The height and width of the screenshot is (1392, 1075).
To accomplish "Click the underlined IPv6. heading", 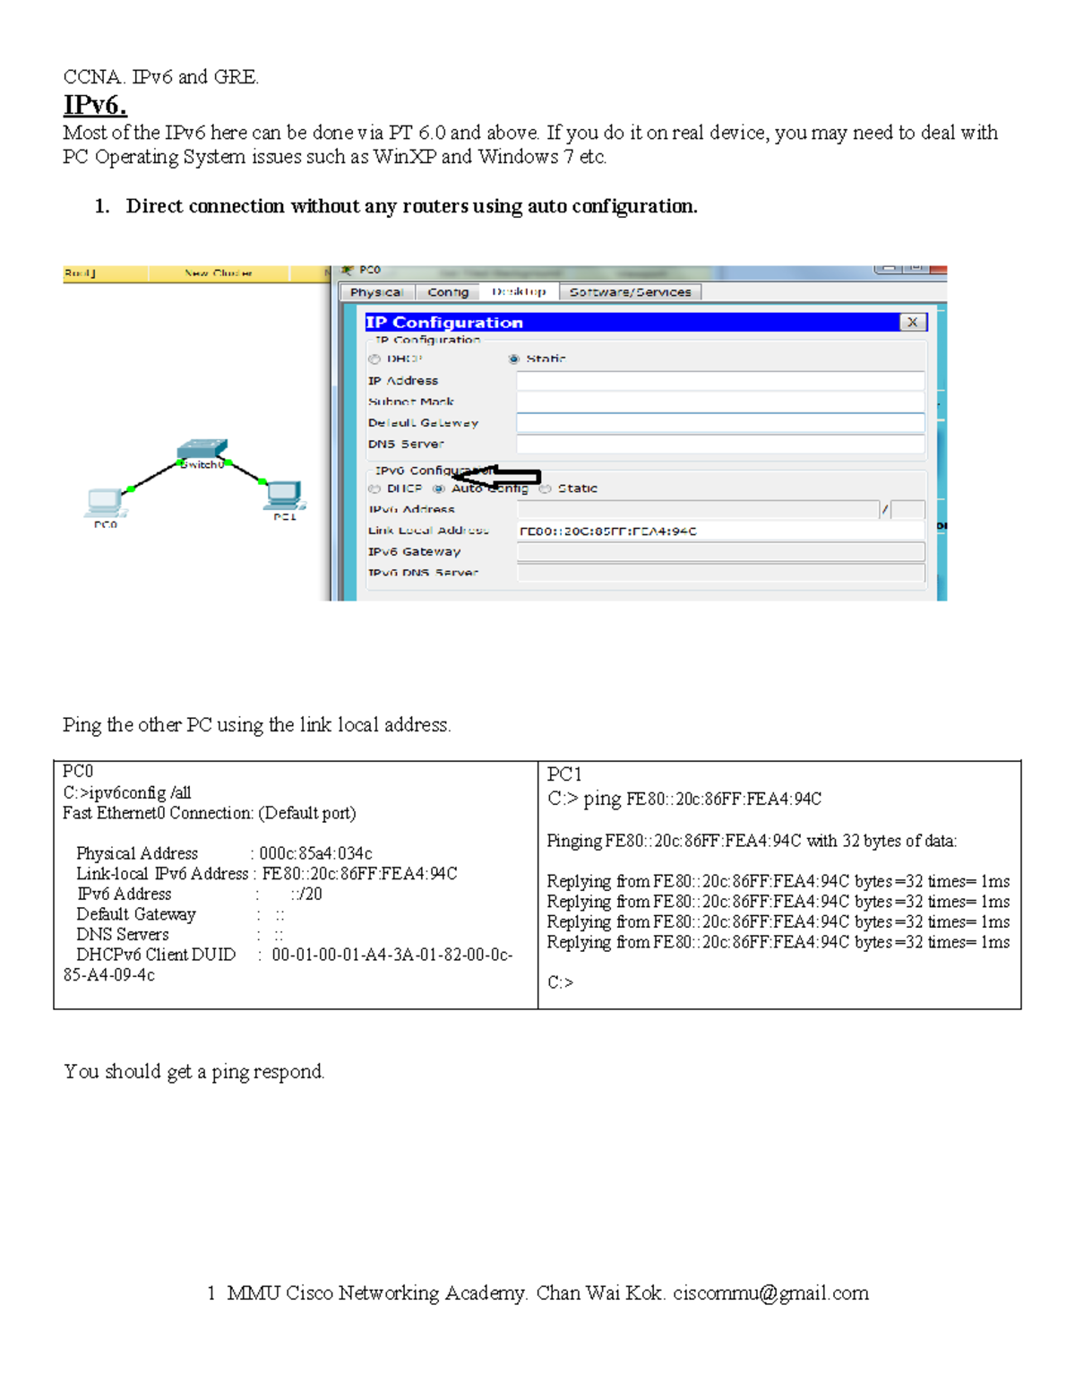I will pyautogui.click(x=95, y=106).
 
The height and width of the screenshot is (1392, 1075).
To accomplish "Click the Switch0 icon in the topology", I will pyautogui.click(x=202, y=451).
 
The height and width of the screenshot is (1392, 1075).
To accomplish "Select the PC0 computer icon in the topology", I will pyautogui.click(x=106, y=503).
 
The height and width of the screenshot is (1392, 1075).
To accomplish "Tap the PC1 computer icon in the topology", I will pyautogui.click(x=285, y=496).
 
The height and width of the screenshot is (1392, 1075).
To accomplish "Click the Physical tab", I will pyautogui.click(x=376, y=292).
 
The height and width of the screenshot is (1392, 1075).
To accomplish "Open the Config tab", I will pyautogui.click(x=448, y=292).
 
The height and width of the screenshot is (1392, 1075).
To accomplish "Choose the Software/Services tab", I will pyautogui.click(x=630, y=292).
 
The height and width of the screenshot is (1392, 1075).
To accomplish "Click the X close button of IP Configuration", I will pyautogui.click(x=912, y=322).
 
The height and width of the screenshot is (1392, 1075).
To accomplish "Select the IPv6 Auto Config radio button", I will pyautogui.click(x=439, y=488).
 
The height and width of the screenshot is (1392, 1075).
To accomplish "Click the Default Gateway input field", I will pyautogui.click(x=720, y=422).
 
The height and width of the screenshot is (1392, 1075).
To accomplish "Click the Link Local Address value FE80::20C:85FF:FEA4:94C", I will pyautogui.click(x=608, y=531).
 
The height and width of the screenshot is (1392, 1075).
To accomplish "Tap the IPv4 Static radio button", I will pyautogui.click(x=514, y=359).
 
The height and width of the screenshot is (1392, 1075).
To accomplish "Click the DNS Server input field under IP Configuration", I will pyautogui.click(x=720, y=444).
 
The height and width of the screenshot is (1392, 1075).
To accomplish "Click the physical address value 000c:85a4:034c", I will pyautogui.click(x=315, y=853).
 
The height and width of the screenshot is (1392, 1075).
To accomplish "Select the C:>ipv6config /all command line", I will pyautogui.click(x=127, y=792).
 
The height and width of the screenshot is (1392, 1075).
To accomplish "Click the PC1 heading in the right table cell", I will pyautogui.click(x=564, y=774).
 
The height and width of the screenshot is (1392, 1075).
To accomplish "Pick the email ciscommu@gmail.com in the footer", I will pyautogui.click(x=770, y=1293).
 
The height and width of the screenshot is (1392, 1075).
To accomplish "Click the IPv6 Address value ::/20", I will pyautogui.click(x=306, y=894).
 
